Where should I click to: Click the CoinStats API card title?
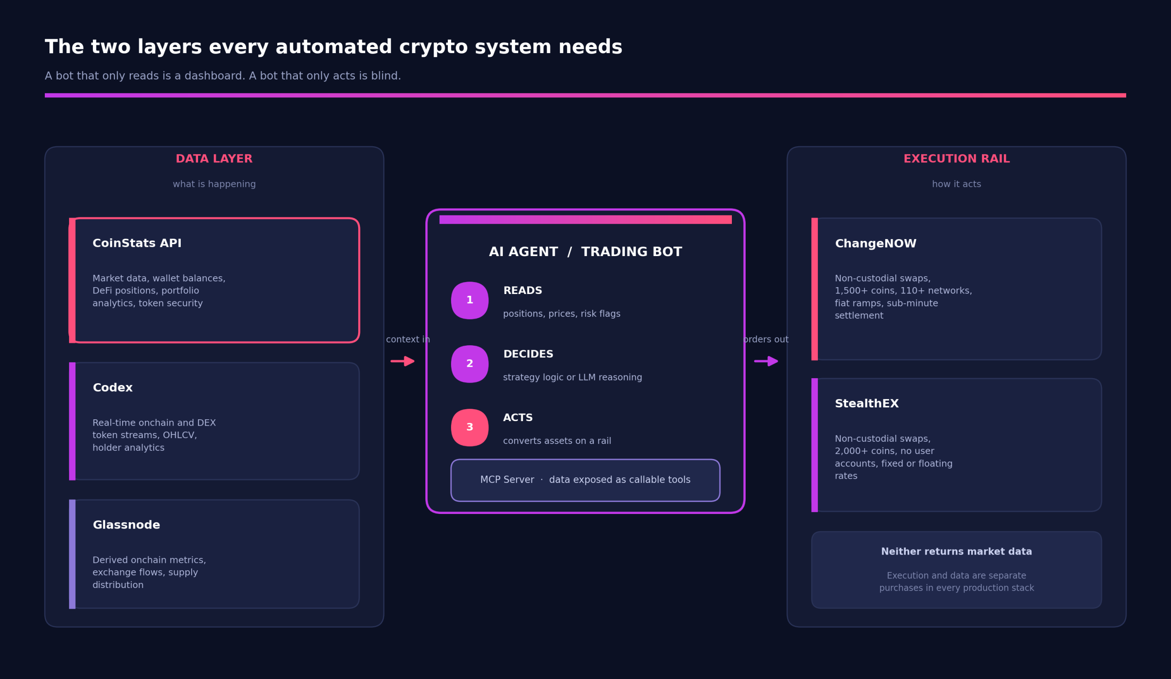tap(137, 243)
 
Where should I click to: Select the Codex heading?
tap(113, 388)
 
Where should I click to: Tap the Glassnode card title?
tap(126, 525)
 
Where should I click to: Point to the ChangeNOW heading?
tap(876, 244)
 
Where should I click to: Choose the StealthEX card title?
tap(867, 404)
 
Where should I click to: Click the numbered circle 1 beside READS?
tap(470, 300)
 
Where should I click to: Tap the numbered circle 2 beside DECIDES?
tap(470, 364)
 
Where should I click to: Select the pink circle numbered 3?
tap(470, 428)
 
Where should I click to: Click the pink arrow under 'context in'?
tap(403, 361)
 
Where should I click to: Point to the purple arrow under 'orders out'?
tap(766, 361)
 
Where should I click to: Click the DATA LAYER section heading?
tap(214, 159)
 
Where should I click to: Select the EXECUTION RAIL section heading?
tap(957, 159)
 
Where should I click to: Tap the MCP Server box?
tap(585, 480)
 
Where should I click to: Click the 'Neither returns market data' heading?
tap(957, 552)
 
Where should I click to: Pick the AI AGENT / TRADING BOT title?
tap(585, 252)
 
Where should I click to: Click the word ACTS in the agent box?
tap(518, 418)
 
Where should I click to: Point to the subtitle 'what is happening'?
tap(214, 184)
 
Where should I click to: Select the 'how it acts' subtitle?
tap(957, 184)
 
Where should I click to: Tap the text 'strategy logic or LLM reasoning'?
tap(573, 378)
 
